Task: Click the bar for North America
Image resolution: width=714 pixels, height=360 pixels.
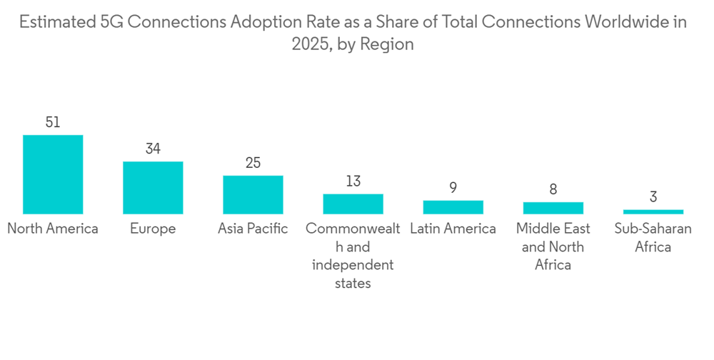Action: click(53, 174)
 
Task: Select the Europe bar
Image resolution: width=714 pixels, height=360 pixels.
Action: click(153, 188)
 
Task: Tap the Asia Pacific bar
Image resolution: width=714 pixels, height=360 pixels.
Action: click(253, 195)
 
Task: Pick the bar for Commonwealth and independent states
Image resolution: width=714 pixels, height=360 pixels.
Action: click(353, 204)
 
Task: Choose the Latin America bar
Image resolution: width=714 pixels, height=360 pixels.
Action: click(453, 207)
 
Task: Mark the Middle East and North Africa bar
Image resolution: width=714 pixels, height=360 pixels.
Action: click(553, 208)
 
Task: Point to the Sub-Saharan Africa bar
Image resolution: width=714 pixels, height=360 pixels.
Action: click(653, 211)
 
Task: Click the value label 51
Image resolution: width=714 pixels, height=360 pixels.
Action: click(53, 122)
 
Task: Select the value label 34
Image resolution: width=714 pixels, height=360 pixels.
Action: click(153, 149)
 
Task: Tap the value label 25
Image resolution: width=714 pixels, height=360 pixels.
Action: click(253, 163)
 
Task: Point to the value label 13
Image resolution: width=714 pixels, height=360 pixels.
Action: click(353, 181)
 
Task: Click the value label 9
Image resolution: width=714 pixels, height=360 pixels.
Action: click(453, 188)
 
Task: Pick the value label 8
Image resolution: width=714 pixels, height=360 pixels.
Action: click(553, 189)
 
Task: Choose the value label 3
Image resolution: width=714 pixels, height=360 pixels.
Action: click(653, 196)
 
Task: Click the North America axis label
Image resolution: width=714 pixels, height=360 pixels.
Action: click(53, 229)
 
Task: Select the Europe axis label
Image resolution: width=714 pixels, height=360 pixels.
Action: click(153, 229)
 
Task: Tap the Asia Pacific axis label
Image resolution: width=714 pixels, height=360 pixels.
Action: click(253, 229)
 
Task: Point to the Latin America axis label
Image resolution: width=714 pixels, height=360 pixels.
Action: click(453, 229)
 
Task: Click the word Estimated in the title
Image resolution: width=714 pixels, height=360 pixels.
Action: click(54, 22)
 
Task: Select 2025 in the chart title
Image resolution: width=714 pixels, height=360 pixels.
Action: click(309, 44)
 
